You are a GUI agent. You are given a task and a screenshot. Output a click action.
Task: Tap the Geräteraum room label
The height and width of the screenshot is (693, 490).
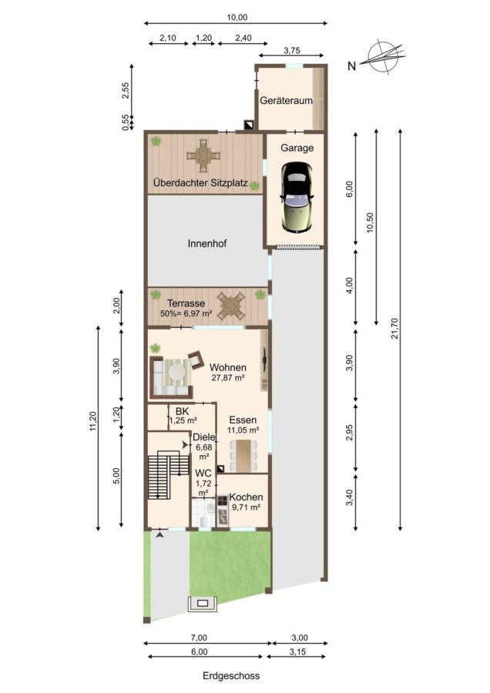coord(286,100)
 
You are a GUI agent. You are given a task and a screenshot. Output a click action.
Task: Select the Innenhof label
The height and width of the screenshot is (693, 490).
coord(207,243)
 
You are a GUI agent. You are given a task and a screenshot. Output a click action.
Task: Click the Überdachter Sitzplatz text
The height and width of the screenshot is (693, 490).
coord(200,182)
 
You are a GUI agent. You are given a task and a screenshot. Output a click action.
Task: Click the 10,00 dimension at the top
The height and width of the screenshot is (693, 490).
coord(237,18)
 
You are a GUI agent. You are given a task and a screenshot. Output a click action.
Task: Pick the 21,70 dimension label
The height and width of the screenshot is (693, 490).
coord(395,328)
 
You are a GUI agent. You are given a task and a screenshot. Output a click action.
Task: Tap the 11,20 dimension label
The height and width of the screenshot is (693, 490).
coord(92,421)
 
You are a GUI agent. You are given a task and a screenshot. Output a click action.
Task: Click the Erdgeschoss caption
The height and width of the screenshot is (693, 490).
coord(231,676)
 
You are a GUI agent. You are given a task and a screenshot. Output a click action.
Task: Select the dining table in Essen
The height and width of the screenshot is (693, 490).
coord(243,456)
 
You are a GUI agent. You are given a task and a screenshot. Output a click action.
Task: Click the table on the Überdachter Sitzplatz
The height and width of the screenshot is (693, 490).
coord(203,156)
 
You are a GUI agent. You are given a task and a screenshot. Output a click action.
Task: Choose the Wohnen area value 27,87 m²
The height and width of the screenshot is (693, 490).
coord(228,378)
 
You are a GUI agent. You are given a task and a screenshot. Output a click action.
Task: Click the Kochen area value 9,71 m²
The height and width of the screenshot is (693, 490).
coord(246,507)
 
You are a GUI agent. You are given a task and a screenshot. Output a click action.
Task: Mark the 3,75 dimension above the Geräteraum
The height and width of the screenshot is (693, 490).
coord(291,50)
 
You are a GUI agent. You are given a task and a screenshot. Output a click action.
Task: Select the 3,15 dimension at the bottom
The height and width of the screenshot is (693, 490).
coord(297,651)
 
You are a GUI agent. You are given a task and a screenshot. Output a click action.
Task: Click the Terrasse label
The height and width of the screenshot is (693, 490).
coord(186,303)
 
